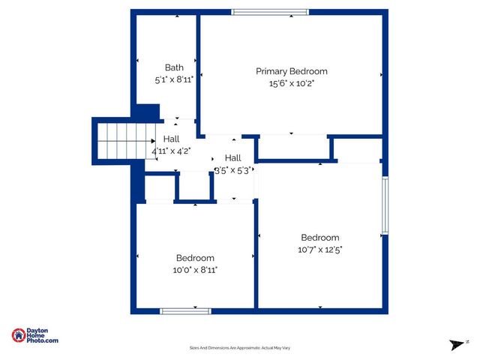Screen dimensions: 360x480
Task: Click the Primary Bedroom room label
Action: [292, 71]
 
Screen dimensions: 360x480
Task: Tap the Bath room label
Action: [174, 67]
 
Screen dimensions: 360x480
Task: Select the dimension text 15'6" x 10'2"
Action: [292, 83]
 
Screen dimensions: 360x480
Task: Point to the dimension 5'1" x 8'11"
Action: [174, 79]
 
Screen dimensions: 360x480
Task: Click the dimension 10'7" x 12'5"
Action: [320, 250]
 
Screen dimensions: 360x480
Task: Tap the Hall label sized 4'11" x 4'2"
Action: [172, 139]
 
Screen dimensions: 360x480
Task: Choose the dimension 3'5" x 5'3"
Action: [232, 169]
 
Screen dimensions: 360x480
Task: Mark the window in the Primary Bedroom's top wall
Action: [269, 11]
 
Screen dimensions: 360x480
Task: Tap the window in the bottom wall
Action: [185, 310]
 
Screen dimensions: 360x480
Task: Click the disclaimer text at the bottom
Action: [239, 348]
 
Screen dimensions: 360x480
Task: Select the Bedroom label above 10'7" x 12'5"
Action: [320, 238]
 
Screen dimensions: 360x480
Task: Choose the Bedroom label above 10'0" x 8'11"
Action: [195, 257]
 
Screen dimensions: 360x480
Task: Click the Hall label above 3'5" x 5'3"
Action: [232, 157]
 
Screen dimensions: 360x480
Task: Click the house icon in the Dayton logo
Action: [19, 335]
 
